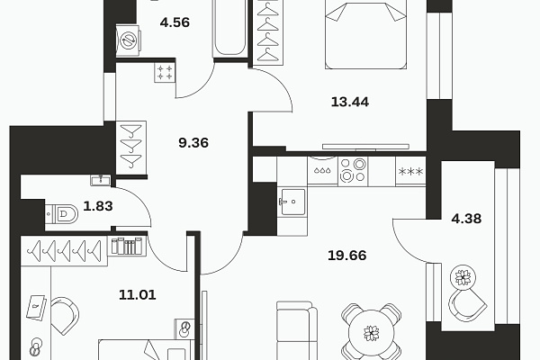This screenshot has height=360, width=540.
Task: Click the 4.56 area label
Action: (x=175, y=22)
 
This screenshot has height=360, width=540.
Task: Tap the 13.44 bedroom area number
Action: (x=350, y=102)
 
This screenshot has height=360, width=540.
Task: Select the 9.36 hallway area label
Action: (x=193, y=142)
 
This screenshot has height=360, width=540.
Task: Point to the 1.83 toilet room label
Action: (x=98, y=206)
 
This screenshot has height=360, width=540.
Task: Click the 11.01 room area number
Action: (x=138, y=295)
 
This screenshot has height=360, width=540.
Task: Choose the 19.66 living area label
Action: (x=347, y=256)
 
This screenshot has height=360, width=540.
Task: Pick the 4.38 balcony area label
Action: (x=466, y=219)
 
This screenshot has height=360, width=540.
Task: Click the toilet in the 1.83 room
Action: (x=62, y=214)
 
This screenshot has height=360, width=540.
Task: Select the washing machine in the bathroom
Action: (x=128, y=40)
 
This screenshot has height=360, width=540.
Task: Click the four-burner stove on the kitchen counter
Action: (x=353, y=171)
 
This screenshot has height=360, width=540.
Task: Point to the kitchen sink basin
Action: (x=292, y=202)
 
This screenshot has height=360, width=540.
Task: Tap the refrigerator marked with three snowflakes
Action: (x=410, y=171)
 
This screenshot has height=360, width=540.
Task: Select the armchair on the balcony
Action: (x=467, y=305)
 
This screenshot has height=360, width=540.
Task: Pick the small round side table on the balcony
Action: (x=463, y=277)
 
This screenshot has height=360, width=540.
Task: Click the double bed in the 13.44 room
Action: (x=365, y=34)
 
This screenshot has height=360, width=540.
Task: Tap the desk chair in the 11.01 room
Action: (x=66, y=316)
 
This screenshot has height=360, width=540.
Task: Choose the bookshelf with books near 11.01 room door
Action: (x=127, y=246)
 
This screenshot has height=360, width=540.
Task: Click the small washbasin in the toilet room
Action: (x=101, y=180)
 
